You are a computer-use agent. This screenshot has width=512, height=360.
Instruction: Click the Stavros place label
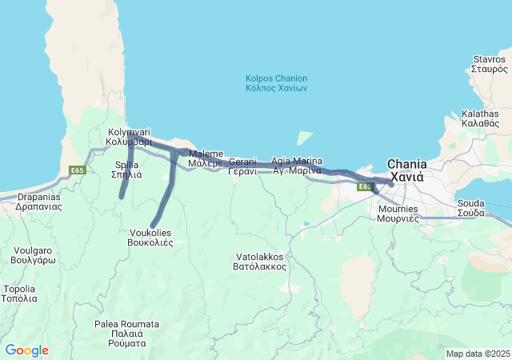click(x=489, y=64)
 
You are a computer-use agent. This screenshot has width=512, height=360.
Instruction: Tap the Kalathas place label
click(x=480, y=118)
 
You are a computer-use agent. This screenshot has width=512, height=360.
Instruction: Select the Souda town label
click(x=470, y=208)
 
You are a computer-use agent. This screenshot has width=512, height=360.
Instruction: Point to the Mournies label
click(x=398, y=214)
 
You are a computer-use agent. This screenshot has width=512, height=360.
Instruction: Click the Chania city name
click(x=406, y=169)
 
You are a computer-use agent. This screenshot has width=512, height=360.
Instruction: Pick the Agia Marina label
click(x=297, y=166)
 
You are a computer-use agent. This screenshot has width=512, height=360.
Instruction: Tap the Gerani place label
click(x=242, y=166)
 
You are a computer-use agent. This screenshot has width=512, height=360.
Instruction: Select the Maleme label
click(x=206, y=158)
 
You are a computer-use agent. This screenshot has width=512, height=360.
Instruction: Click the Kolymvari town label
click(x=129, y=137)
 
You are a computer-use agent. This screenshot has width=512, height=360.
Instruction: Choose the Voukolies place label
click(x=150, y=238)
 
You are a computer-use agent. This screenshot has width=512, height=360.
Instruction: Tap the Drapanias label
click(x=38, y=201)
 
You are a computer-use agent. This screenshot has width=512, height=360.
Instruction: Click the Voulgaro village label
click(x=34, y=255)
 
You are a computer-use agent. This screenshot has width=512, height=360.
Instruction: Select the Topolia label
click(x=19, y=294)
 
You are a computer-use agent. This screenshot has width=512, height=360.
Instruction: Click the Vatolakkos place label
click(x=261, y=262)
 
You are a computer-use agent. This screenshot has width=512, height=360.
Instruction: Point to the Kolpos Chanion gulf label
click(x=276, y=82)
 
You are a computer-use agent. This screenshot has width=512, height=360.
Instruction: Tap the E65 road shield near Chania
click(x=365, y=186)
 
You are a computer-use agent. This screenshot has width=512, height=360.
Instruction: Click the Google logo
click(x=26, y=350)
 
